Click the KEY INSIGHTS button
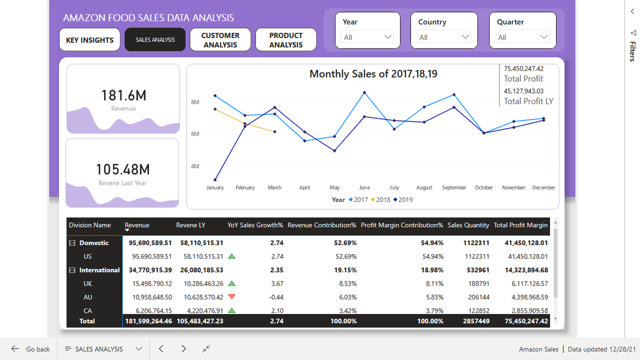point(89,40)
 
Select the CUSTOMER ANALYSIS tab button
point(220,40)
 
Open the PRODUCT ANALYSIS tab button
point(285,40)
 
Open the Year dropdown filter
point(367,37)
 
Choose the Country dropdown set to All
point(443,37)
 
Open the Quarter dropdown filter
point(522,37)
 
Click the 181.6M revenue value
point(123,95)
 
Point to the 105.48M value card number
point(122,169)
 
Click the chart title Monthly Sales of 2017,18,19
point(373,74)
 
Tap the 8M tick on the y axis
point(195,102)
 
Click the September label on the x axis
point(454,187)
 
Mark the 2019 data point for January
point(215,180)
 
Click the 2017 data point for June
point(364,92)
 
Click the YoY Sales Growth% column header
point(255,225)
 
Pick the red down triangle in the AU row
point(231,296)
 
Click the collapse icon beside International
point(72,270)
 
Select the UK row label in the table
point(87,283)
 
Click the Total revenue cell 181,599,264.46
point(148,321)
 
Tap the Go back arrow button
point(15,349)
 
